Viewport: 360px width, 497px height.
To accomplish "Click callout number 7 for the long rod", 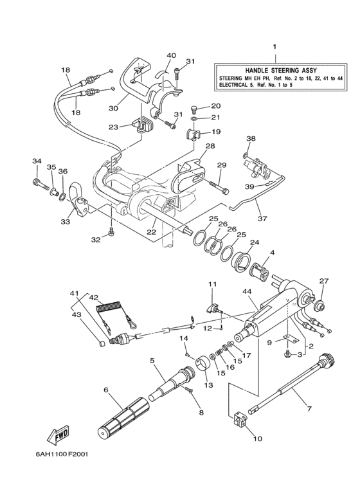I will pyautogui.click(x=309, y=409).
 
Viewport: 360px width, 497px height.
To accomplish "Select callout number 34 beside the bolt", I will pyautogui.click(x=37, y=161).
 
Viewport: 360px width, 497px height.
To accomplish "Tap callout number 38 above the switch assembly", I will pyautogui.click(x=251, y=138).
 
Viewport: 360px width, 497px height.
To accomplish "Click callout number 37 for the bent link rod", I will pyautogui.click(x=262, y=218).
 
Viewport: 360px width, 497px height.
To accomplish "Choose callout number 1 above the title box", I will pyautogui.click(x=274, y=48).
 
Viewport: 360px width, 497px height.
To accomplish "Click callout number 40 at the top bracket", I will pyautogui.click(x=153, y=55).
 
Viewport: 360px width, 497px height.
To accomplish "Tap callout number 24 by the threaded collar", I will pyautogui.click(x=255, y=242).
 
